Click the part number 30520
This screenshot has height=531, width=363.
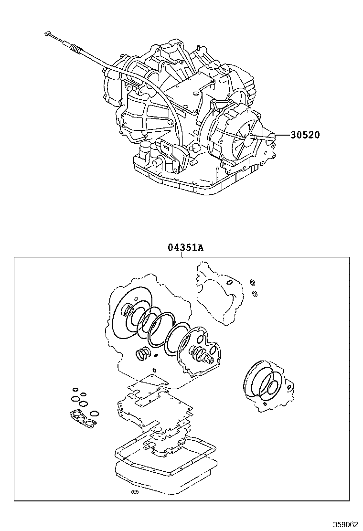[304, 135]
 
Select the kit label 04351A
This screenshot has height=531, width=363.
[185, 248]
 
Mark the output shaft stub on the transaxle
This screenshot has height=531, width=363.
[253, 137]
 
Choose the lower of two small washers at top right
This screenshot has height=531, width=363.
[255, 292]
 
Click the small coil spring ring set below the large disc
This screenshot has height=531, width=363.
[141, 354]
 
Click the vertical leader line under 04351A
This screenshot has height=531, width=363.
[182, 255]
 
